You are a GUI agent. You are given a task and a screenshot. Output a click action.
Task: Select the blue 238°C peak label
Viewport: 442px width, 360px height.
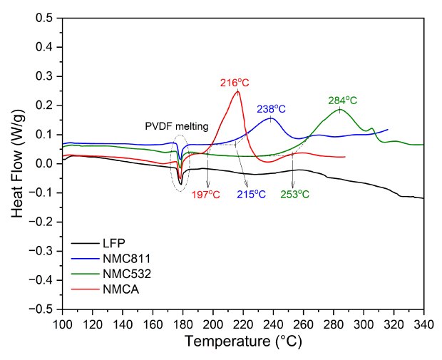click(x=271, y=109)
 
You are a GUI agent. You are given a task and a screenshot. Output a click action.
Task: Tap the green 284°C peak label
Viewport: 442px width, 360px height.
click(x=342, y=101)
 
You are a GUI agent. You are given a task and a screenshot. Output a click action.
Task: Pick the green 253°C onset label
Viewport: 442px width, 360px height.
click(x=294, y=194)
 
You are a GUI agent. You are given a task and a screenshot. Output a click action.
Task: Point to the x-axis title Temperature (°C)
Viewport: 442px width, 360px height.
click(x=243, y=341)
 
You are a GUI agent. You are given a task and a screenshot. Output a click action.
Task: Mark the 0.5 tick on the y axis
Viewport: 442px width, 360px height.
click(x=44, y=18)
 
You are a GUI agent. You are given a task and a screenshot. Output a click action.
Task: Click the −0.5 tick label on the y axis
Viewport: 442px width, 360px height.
click(x=41, y=309)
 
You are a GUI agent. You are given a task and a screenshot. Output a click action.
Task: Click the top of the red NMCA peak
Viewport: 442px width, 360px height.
click(x=237, y=91)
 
